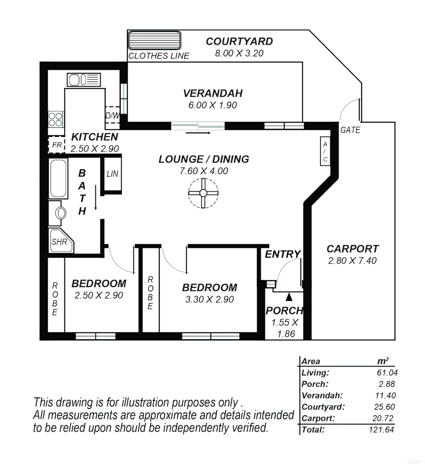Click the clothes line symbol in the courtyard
[154, 40]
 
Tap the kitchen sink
[83, 80]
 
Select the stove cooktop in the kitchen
[56, 118]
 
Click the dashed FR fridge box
[56, 145]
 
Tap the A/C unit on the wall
[325, 151]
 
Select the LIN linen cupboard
[112, 174]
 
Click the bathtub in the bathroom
[58, 179]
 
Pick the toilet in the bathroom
[60, 213]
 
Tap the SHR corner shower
[60, 242]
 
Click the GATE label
[350, 130]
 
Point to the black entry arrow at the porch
[289, 296]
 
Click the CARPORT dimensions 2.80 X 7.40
[352, 260]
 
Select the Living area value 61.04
[385, 373]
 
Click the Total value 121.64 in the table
[381, 429]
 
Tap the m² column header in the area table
[383, 361]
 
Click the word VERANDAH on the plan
[212, 93]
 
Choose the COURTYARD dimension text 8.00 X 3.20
[239, 53]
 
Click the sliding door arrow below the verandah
[198, 133]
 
